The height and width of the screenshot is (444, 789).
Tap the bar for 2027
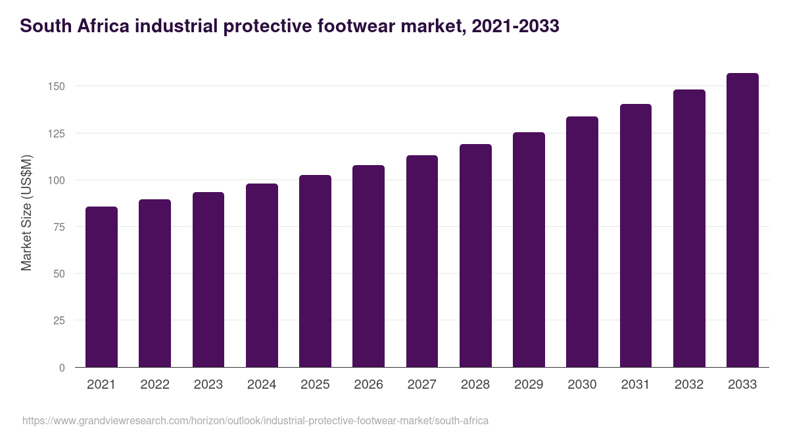(x=422, y=261)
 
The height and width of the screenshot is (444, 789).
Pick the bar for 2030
(x=582, y=241)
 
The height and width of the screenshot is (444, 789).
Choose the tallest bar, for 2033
(x=742, y=220)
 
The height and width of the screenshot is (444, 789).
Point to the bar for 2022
(x=155, y=283)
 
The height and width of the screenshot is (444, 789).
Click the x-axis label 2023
(x=208, y=385)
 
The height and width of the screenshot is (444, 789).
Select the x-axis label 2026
(x=368, y=385)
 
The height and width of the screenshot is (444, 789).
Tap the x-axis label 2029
(x=529, y=385)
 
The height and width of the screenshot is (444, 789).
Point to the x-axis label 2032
(x=689, y=385)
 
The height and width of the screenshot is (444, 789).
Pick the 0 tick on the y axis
(x=62, y=368)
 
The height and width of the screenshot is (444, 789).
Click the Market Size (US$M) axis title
(x=26, y=212)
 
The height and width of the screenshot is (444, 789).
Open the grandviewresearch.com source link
(x=255, y=420)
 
